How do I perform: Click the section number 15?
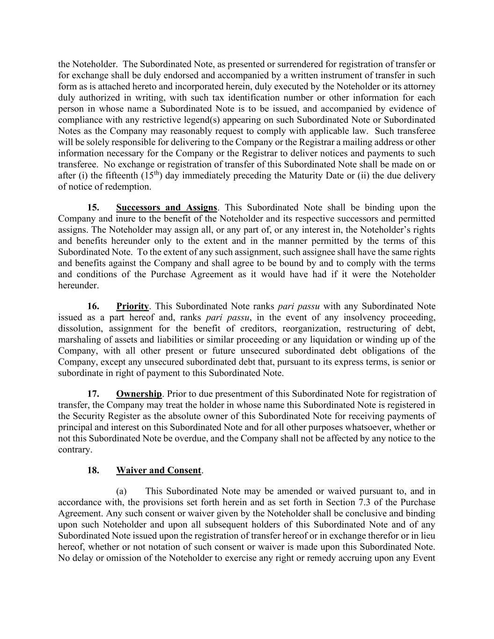[93, 207]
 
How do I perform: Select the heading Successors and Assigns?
[166, 207]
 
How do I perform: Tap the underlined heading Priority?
[132, 307]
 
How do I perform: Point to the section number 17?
[93, 394]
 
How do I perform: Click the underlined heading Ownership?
[139, 394]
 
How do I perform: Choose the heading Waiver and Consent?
[159, 470]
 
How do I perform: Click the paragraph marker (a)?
[121, 491]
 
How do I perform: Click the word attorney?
[419, 87]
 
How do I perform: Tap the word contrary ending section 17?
[74, 450]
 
